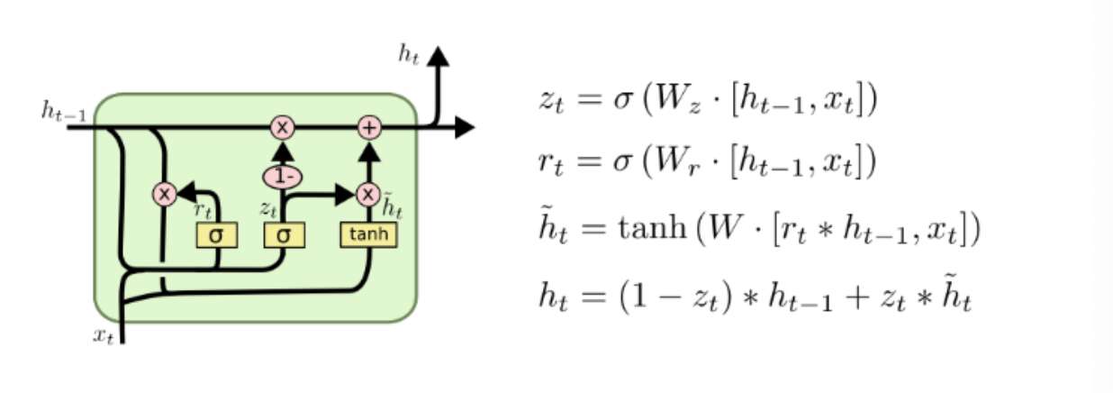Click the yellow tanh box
pyautogui.click(x=367, y=236)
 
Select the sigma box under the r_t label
pyautogui.click(x=216, y=236)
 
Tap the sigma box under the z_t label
pyautogui.click(x=284, y=236)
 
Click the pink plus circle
pyautogui.click(x=368, y=128)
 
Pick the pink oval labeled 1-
pyautogui.click(x=283, y=176)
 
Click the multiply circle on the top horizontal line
pyautogui.click(x=283, y=128)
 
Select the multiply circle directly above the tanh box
pyautogui.click(x=368, y=193)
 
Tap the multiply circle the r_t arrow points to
pyautogui.click(x=164, y=193)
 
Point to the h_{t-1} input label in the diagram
pyautogui.click(x=63, y=111)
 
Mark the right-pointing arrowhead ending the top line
pyautogui.click(x=464, y=128)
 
